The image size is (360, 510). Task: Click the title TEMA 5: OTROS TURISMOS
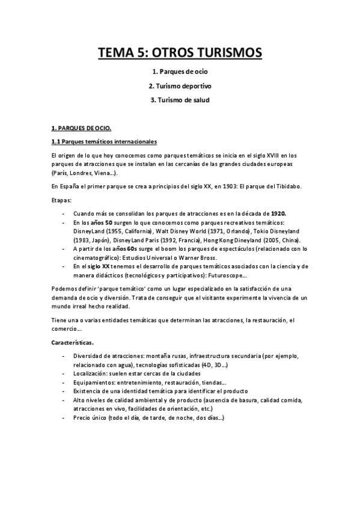[180, 53]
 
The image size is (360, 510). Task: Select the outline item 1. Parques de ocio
[180, 72]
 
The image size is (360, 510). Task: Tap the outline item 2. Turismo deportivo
[180, 86]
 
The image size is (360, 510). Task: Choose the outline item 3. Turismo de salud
[180, 100]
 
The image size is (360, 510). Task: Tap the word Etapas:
[61, 200]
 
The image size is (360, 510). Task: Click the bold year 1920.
[278, 214]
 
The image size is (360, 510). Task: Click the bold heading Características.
[72, 343]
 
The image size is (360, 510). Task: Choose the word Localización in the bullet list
[92, 373]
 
